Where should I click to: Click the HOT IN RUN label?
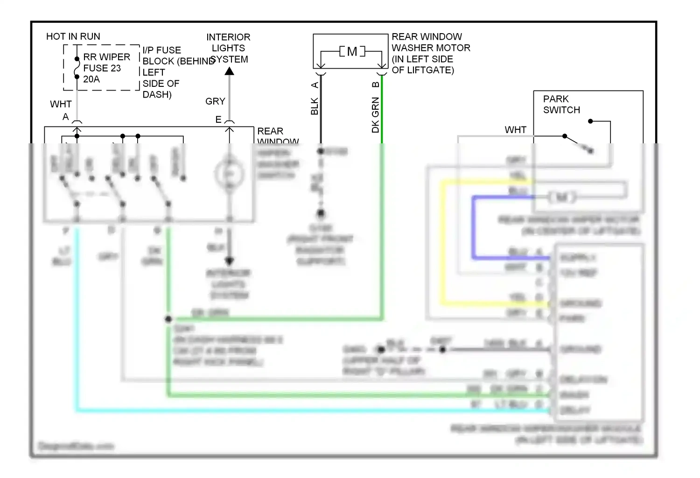click(x=73, y=36)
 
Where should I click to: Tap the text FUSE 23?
click(x=102, y=68)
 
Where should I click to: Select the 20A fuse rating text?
click(x=91, y=79)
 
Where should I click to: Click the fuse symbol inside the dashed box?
click(x=77, y=68)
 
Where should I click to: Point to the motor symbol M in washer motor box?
click(x=352, y=51)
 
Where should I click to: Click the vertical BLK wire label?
click(x=315, y=106)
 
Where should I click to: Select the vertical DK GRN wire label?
click(x=375, y=115)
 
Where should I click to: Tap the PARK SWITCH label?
click(x=561, y=105)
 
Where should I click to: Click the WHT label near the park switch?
click(x=515, y=130)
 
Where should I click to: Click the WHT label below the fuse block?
click(x=61, y=104)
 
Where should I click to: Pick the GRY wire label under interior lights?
click(x=215, y=101)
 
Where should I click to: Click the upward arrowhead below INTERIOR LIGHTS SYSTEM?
click(x=229, y=71)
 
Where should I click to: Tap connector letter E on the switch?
click(x=218, y=120)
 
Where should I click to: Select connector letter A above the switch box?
click(x=66, y=117)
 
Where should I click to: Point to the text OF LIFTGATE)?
click(x=423, y=70)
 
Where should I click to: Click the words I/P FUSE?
click(x=161, y=50)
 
